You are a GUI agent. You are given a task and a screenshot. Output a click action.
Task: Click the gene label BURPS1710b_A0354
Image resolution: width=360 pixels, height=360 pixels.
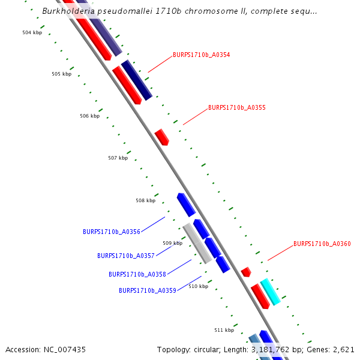point(201,55)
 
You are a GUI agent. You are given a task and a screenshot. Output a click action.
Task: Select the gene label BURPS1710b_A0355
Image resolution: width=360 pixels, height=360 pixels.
point(236,108)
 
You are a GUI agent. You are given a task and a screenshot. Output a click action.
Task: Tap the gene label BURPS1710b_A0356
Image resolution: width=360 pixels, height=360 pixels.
point(111,232)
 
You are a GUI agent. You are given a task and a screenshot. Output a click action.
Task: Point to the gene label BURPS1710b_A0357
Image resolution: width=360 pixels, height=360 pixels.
point(125,256)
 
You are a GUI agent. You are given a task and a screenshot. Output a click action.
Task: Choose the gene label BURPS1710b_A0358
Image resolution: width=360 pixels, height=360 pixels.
point(137,274)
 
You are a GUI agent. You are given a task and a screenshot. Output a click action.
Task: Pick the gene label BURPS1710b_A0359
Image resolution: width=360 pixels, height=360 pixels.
point(147,290)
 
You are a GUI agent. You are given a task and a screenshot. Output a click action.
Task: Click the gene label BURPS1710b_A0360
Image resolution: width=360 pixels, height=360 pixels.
point(322,244)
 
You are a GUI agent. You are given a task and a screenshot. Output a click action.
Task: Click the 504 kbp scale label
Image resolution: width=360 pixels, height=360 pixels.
point(32,32)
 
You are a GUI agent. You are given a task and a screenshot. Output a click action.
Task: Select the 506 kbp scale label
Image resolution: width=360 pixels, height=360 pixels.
point(89,116)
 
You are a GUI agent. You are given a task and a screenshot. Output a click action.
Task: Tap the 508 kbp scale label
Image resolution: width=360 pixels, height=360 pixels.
point(145,200)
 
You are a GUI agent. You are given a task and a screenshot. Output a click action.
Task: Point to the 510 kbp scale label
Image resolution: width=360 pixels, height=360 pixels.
point(198,286)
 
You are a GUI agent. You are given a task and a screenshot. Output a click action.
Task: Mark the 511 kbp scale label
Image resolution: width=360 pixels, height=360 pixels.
point(224,330)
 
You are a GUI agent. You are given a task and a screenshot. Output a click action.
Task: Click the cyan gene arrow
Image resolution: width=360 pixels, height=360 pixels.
point(270,292)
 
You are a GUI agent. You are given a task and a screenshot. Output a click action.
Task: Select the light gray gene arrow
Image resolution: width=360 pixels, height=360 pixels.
point(197,243)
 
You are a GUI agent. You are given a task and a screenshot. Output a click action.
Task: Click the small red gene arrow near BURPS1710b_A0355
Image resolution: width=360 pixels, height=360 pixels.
point(162,137)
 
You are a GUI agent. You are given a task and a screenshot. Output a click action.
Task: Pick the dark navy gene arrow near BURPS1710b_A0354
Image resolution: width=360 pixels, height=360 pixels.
point(136,80)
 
